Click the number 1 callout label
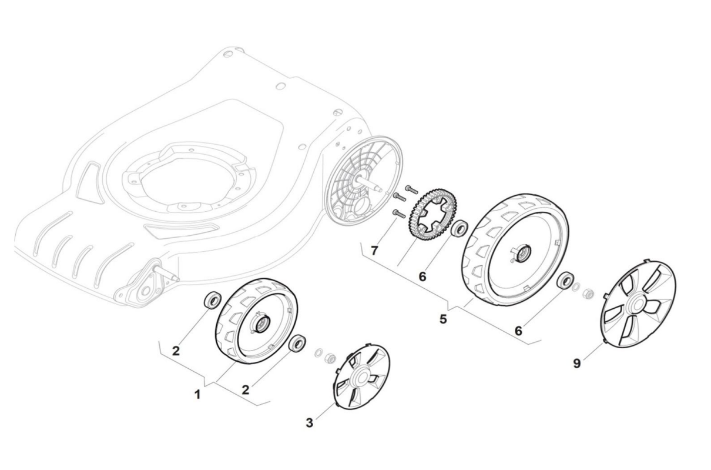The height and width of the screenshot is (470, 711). pos(197,395)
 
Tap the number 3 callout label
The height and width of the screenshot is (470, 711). pos(310,423)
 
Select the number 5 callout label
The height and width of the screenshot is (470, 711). pos(443,319)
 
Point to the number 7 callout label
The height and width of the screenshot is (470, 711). pos(374,251)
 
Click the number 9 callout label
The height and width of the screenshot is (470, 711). pos(577,364)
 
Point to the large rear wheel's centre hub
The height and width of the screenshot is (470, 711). pos(521,253)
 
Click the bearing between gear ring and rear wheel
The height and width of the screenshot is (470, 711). pos(459,228)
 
